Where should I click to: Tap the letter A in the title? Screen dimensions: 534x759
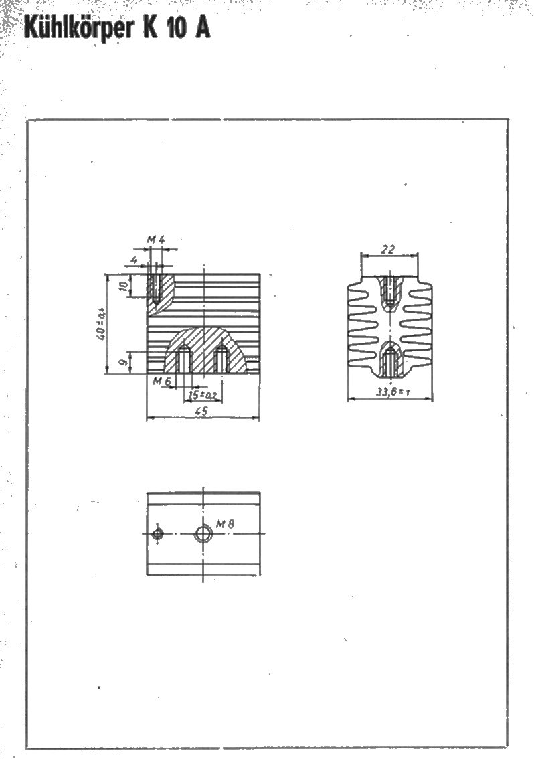point(202,29)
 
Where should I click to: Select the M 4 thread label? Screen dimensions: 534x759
point(156,239)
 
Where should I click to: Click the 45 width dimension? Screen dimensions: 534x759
point(203,410)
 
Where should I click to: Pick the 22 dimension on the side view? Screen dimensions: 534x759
point(388,249)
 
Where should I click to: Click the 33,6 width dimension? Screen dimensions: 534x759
point(393,392)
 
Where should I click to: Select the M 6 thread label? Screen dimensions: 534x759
point(162,382)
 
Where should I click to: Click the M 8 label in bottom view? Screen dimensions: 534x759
point(225,524)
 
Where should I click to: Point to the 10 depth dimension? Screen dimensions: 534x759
point(124,286)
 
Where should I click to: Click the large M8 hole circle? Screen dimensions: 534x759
point(203,534)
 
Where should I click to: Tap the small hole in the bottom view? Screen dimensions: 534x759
point(157,534)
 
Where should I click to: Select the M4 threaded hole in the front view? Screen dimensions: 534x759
point(155,289)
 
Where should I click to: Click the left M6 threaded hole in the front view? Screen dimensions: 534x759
point(183,360)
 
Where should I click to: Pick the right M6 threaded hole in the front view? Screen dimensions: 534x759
point(221,360)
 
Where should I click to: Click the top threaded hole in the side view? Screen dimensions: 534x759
point(389,290)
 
